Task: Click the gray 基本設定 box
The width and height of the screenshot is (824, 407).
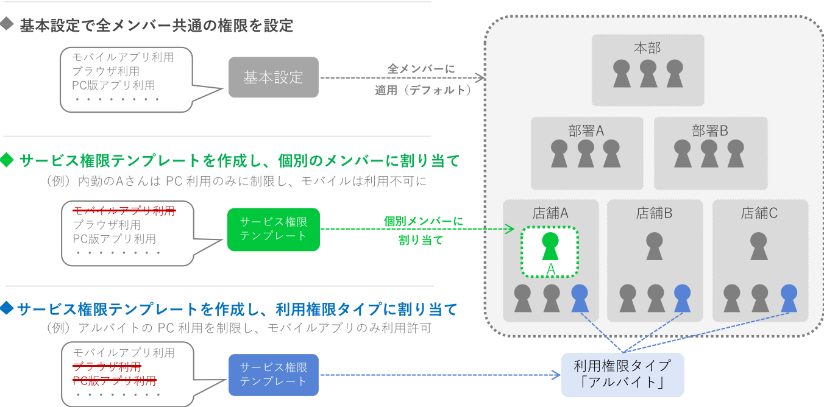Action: pos(273,78)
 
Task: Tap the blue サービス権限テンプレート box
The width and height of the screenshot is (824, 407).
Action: pos(273,374)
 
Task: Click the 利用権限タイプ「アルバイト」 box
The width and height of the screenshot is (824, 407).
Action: pos(622,374)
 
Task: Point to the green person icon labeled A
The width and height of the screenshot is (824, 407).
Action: pos(550,246)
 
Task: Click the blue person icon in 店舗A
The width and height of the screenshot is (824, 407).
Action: pos(580,298)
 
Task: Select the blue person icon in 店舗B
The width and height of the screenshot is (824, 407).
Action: pos(683,298)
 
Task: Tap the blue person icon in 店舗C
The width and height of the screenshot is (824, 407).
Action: pos(789,298)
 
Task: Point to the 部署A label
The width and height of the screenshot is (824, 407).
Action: pos(586,130)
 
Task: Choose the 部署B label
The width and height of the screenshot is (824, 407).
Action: pos(710,130)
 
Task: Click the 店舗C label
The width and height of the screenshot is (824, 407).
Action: pos(759,213)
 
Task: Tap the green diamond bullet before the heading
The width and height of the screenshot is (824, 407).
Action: pos(7,161)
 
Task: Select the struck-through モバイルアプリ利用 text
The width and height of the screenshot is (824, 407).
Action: pos(124,211)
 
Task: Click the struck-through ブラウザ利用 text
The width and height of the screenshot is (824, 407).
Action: pos(107,367)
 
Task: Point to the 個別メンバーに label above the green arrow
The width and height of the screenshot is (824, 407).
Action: pos(423,221)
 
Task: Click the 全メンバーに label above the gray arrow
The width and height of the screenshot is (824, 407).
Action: pos(421,69)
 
